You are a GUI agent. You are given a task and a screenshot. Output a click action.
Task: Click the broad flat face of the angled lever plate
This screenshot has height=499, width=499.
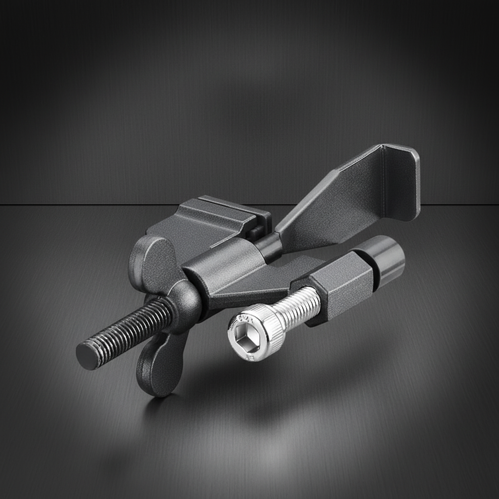pyautogui.click(x=336, y=205)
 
